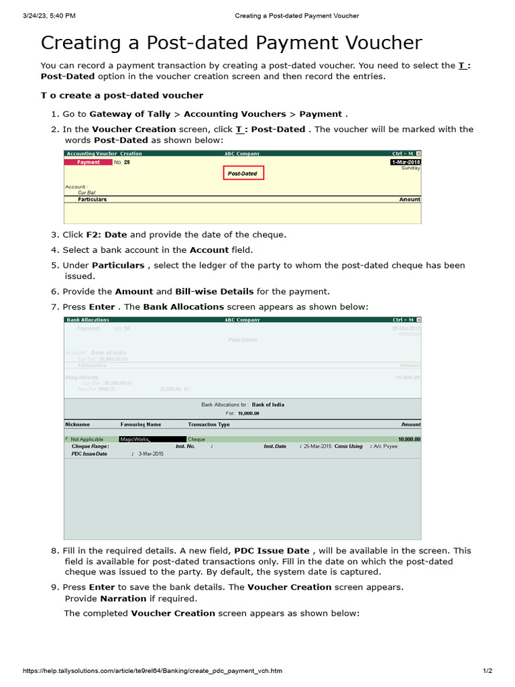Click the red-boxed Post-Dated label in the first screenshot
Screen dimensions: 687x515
tap(243, 173)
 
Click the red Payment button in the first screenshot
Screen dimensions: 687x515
tap(88, 162)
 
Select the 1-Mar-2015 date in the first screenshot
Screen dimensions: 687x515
tap(406, 162)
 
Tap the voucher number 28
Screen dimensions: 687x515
tap(127, 162)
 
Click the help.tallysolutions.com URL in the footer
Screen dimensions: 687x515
tap(152, 671)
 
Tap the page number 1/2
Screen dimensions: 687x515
tap(488, 671)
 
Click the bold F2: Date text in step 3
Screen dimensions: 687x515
tap(107, 235)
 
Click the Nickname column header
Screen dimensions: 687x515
tap(77, 425)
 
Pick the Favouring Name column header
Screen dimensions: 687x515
tap(141, 425)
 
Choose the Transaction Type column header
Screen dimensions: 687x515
tap(209, 425)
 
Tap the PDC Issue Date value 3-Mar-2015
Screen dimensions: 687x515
tap(151, 454)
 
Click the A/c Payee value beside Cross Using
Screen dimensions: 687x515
tap(386, 446)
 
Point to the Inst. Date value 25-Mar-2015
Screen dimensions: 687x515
tap(317, 446)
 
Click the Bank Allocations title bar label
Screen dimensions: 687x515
tap(88, 320)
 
